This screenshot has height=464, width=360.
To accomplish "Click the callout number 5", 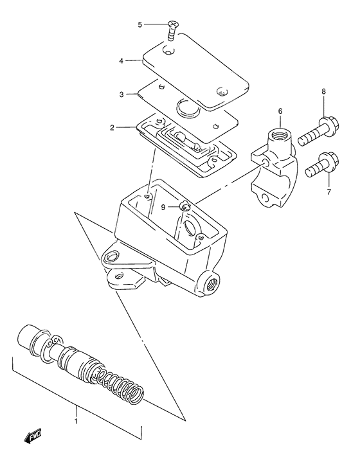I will pos(140,25).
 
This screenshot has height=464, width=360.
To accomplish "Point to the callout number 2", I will pos(112,128).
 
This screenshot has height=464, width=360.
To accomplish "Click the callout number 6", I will pos(280,112).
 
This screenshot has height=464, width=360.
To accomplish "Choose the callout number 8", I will pos(323,93).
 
